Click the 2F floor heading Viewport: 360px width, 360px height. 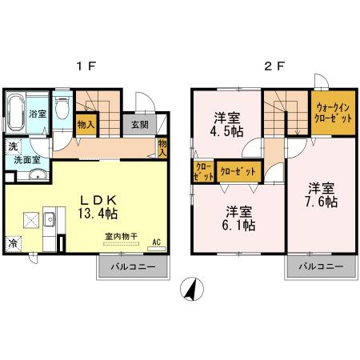[x=274, y=66]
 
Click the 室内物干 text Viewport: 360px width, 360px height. [x=121, y=236]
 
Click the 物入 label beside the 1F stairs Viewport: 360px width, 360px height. [x=86, y=125]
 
